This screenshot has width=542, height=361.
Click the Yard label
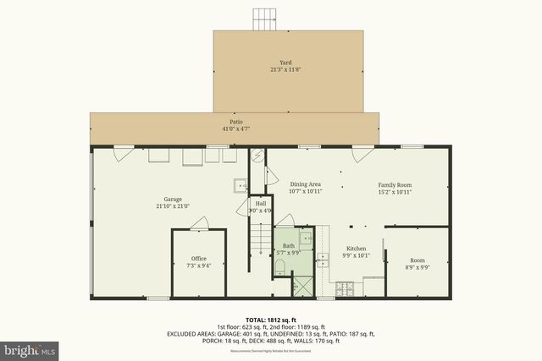(x=285, y=62)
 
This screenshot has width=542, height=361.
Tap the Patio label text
(x=236, y=123)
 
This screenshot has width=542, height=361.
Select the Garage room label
(x=173, y=200)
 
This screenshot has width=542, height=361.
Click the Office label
(x=199, y=259)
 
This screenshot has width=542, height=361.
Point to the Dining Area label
(x=306, y=184)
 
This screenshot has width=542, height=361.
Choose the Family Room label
(x=395, y=184)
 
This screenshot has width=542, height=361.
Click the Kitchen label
(x=355, y=249)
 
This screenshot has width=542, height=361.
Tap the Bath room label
(x=289, y=246)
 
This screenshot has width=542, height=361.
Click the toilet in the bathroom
(x=280, y=269)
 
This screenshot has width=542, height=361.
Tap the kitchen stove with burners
(x=346, y=290)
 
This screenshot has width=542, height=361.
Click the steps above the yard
(x=265, y=19)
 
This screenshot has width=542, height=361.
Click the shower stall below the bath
(x=301, y=284)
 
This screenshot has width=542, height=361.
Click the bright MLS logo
(x=30, y=347)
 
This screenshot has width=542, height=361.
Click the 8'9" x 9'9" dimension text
(x=418, y=267)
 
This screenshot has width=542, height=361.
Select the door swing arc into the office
(x=200, y=223)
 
